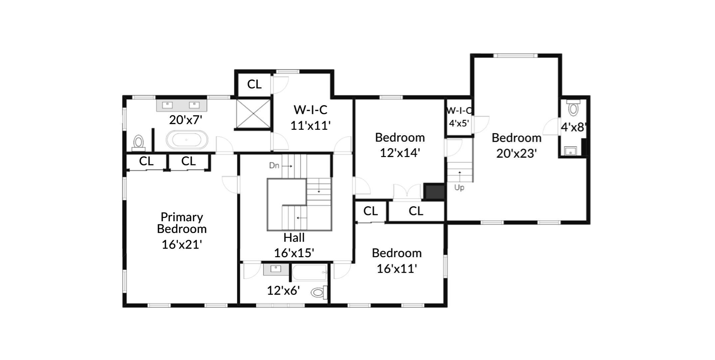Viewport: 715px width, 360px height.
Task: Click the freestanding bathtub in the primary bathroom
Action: click(187, 140)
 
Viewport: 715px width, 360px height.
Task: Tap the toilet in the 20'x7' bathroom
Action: click(138, 142)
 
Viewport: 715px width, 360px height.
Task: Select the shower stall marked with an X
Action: click(253, 113)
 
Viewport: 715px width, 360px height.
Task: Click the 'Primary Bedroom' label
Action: click(182, 223)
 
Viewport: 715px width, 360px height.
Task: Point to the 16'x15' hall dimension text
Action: click(294, 253)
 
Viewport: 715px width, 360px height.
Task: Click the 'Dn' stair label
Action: click(274, 165)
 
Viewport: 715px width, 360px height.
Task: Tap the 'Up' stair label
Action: click(459, 188)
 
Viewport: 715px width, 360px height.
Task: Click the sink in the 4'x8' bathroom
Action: click(570, 151)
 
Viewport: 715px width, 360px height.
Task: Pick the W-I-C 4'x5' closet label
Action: click(459, 117)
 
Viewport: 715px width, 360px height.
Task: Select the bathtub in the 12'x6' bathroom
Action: click(309, 272)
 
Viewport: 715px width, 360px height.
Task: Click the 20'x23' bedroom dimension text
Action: click(516, 153)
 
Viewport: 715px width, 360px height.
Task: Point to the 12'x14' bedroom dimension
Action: click(399, 153)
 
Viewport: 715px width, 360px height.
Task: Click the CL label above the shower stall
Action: click(254, 84)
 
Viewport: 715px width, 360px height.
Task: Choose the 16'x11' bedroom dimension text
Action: click(396, 269)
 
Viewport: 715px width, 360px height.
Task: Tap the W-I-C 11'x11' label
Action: click(310, 117)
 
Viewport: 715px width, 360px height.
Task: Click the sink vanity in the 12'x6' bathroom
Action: click(276, 269)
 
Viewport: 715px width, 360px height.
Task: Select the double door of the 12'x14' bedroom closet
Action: click(407, 192)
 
